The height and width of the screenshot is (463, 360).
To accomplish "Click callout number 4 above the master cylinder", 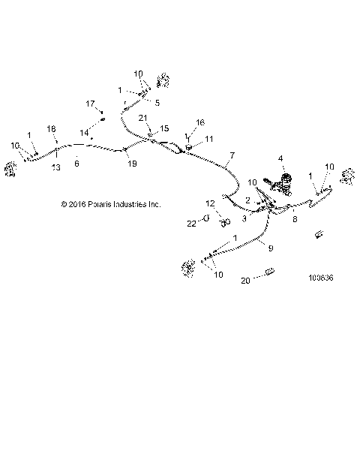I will coord(280,158).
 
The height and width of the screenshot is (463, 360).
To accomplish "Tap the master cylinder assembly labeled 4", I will coord(285,181).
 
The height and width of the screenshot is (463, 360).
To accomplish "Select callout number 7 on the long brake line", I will coord(232,155).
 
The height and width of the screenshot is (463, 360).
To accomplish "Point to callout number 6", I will coord(76,161).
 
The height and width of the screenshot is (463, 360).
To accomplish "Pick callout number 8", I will coord(294,219).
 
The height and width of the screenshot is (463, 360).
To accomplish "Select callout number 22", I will coord(191,222).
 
